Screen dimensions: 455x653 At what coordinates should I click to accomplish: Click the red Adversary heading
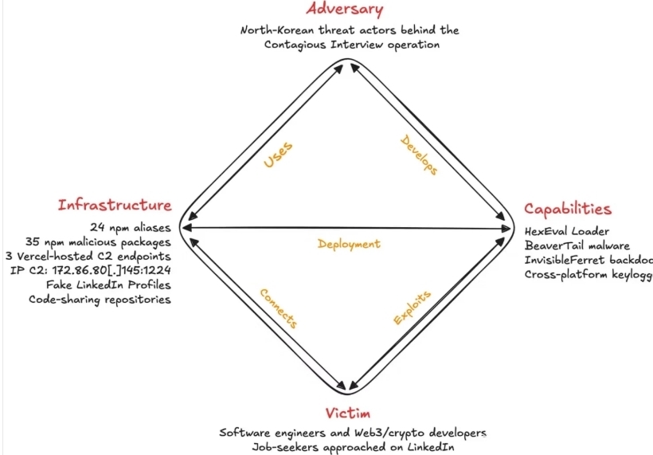(345, 10)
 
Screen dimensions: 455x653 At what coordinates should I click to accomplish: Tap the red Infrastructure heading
(115, 205)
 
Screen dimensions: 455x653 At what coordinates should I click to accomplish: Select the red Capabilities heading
(568, 209)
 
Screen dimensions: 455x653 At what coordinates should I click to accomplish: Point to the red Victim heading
(347, 413)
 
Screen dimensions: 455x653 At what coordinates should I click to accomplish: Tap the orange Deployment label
(349, 244)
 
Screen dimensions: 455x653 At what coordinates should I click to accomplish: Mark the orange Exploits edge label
(413, 308)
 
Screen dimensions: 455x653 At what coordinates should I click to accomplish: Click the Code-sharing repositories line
(100, 300)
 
